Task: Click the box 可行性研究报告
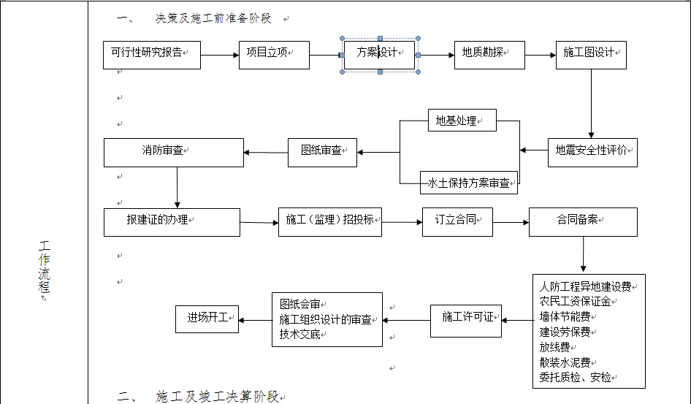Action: [x=151, y=55]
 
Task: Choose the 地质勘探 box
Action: [x=489, y=55]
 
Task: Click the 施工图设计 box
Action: [x=591, y=55]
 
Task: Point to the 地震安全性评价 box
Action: [x=592, y=152]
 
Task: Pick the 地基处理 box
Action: [x=462, y=121]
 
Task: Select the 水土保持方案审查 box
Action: [x=469, y=183]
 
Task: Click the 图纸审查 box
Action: [x=322, y=152]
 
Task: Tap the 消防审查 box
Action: [x=173, y=152]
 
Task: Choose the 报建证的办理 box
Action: [x=172, y=221]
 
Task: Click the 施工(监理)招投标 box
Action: [x=330, y=221]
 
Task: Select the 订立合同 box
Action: [x=457, y=221]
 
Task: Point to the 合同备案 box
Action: [x=583, y=221]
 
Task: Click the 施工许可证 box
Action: [x=466, y=320]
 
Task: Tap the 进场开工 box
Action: [x=207, y=319]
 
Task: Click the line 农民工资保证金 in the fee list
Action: [x=575, y=301]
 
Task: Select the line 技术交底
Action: [x=300, y=334]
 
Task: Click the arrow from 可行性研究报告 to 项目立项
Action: [x=219, y=55]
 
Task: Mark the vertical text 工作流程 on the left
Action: [x=45, y=270]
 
